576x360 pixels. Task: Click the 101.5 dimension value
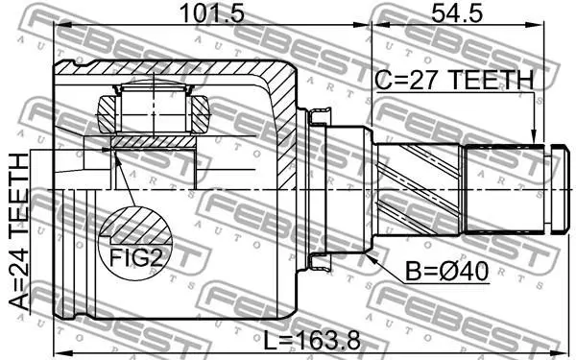(x=212, y=14)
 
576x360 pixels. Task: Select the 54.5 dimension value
(x=457, y=14)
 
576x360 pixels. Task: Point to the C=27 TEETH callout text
(x=454, y=80)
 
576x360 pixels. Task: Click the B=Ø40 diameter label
(x=446, y=272)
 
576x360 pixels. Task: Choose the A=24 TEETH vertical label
(x=19, y=231)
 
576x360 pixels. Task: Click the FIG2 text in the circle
(x=136, y=257)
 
